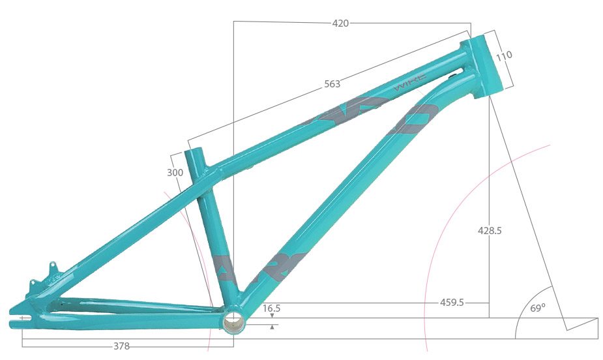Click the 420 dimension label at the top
(340, 23)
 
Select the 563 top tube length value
(332, 84)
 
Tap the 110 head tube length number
(504, 56)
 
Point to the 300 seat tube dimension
(175, 173)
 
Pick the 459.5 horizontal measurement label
(452, 303)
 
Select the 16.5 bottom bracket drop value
(272, 308)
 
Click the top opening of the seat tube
(194, 152)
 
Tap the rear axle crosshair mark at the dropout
(23, 318)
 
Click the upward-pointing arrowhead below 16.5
(272, 326)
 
